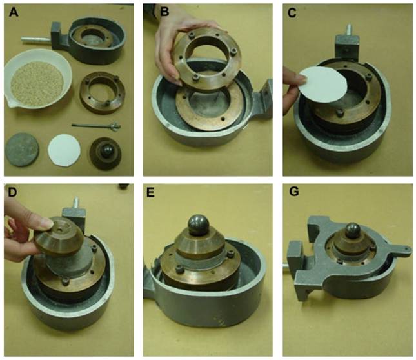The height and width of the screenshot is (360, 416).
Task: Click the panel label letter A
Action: (14, 12)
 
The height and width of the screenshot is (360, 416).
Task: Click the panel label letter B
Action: (165, 12)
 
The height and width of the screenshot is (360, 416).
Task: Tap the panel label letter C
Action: (292, 13)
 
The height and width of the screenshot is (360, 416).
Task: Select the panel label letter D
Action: (13, 193)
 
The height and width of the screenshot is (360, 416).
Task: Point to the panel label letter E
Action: (150, 193)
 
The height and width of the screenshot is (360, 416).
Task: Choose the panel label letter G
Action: (294, 192)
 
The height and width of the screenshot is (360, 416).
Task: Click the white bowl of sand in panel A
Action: (37, 79)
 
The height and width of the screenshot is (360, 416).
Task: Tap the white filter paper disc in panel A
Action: (64, 150)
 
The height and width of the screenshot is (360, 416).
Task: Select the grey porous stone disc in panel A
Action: (22, 150)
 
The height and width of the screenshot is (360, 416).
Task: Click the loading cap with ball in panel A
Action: (106, 154)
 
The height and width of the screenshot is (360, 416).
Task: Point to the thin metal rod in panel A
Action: (96, 126)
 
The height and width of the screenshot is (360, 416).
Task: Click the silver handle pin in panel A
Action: (36, 41)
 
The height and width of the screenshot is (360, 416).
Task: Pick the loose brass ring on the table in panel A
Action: (103, 93)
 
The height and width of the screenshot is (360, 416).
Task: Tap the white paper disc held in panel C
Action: (324, 84)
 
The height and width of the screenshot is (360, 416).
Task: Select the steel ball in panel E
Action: (198, 225)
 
